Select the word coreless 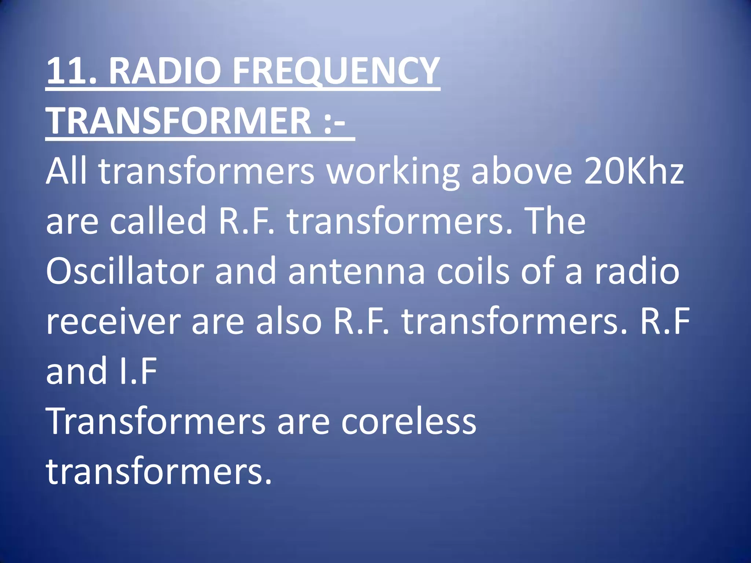point(409,422)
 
